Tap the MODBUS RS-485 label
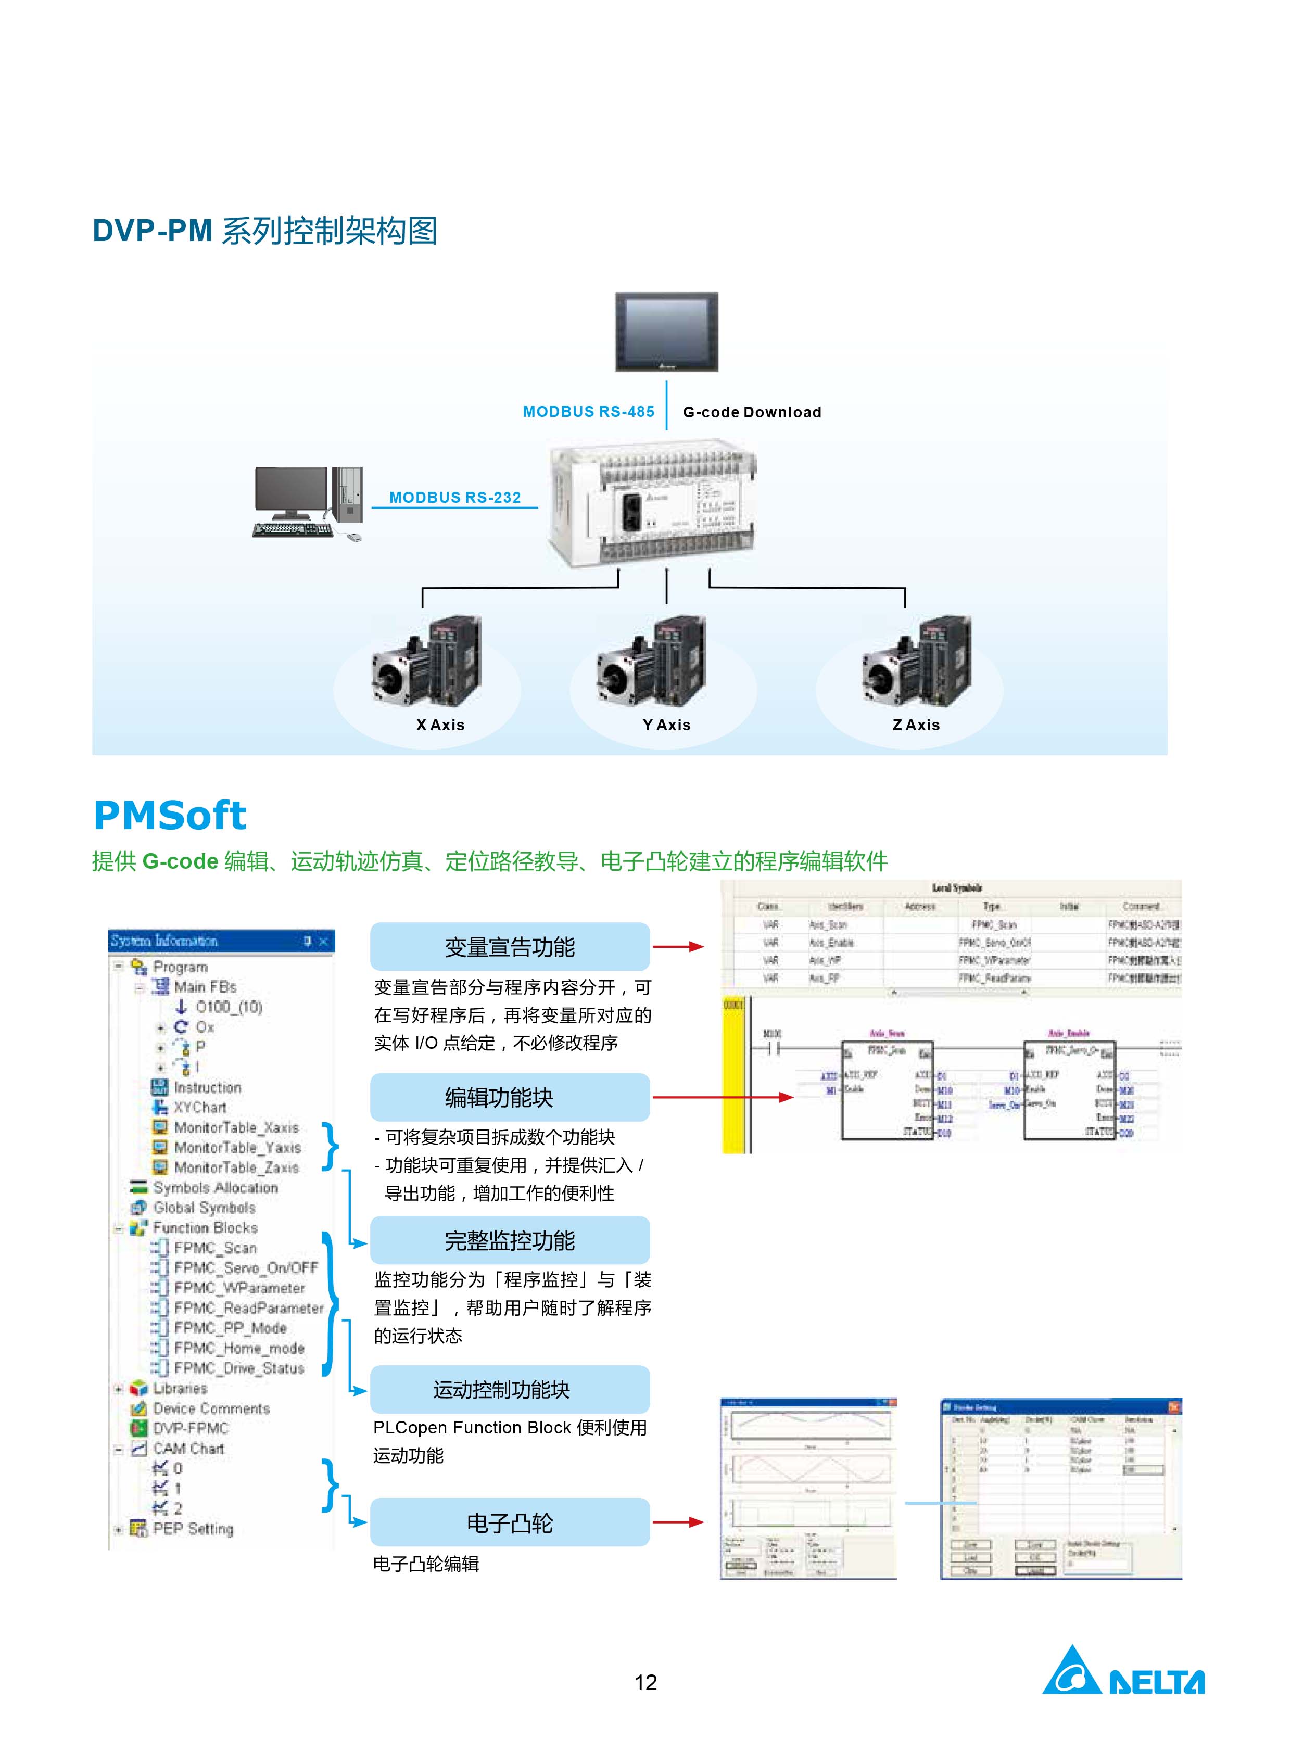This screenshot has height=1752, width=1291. (588, 412)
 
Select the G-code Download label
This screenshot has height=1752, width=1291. (752, 413)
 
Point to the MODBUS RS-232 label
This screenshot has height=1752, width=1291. (455, 498)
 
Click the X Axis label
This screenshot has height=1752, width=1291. (440, 725)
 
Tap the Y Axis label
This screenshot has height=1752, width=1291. (667, 725)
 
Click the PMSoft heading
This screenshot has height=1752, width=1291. (170, 816)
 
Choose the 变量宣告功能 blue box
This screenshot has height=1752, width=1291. (510, 947)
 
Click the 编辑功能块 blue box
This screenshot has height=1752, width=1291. (510, 1097)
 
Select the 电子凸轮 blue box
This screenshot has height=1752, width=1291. (510, 1522)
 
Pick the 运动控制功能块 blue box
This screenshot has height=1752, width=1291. (510, 1389)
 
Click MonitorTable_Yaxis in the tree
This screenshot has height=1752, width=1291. (237, 1147)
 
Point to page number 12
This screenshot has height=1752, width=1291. (645, 1682)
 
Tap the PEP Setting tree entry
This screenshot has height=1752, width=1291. (192, 1529)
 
